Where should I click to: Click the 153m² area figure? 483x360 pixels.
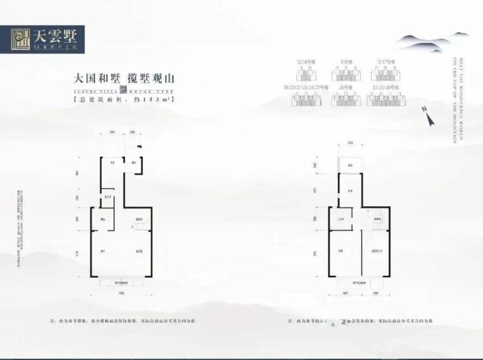[x=145, y=101]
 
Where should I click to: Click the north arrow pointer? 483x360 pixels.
[x=430, y=119]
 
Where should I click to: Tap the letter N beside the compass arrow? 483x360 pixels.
[x=424, y=110]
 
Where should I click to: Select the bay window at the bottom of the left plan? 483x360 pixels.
[x=122, y=282]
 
